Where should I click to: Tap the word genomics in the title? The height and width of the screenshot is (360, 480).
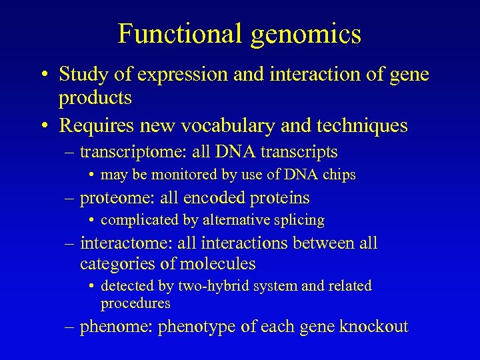click(x=306, y=35)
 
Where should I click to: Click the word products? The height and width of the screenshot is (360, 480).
click(x=95, y=99)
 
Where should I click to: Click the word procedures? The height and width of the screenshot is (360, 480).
click(x=135, y=303)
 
